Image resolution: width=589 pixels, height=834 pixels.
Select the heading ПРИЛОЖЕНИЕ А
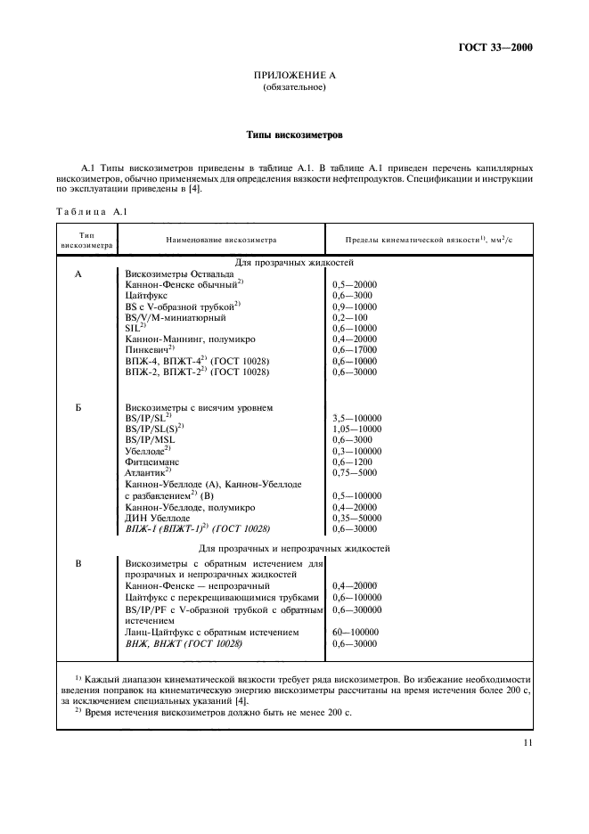(x=294, y=76)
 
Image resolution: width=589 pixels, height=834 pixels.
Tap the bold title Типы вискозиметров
(x=294, y=135)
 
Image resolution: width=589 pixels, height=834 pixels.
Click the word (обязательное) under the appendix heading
(x=294, y=88)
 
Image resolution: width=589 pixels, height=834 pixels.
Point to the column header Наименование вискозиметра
(x=222, y=240)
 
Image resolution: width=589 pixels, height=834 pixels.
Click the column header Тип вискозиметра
(x=87, y=240)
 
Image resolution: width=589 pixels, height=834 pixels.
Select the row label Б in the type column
(x=78, y=407)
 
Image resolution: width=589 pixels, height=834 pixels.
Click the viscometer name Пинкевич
(x=151, y=349)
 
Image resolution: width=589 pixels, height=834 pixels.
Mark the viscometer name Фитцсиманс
(x=158, y=462)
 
